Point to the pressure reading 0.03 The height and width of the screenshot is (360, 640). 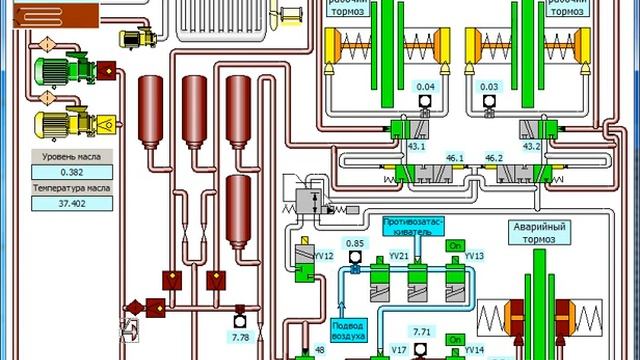click(489, 88)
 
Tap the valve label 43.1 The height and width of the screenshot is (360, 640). click(416, 147)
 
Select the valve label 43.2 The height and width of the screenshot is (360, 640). click(531, 147)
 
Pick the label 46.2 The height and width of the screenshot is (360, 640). click(493, 158)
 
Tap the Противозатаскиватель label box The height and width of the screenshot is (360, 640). click(413, 225)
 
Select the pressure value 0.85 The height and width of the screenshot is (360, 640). click(355, 243)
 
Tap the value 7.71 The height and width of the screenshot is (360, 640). click(422, 331)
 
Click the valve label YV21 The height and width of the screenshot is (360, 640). click(399, 256)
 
